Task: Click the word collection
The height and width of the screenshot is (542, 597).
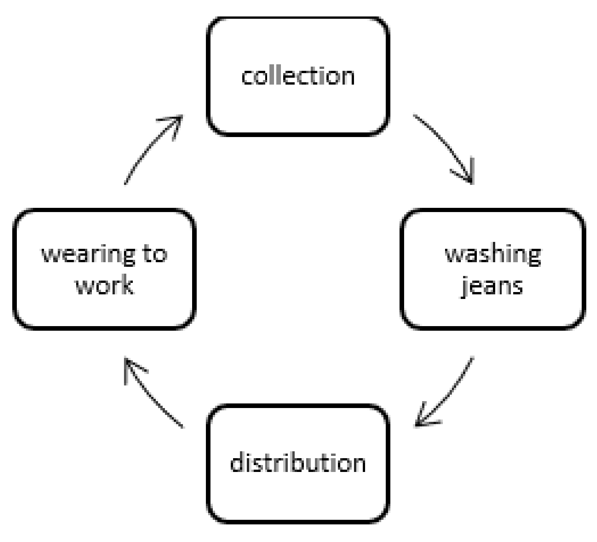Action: click(298, 76)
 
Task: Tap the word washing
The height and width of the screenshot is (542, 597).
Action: click(493, 255)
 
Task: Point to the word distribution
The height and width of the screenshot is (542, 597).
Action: click(298, 463)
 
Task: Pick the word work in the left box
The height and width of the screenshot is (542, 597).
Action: click(104, 286)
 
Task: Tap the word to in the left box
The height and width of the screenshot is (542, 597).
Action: click(155, 254)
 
